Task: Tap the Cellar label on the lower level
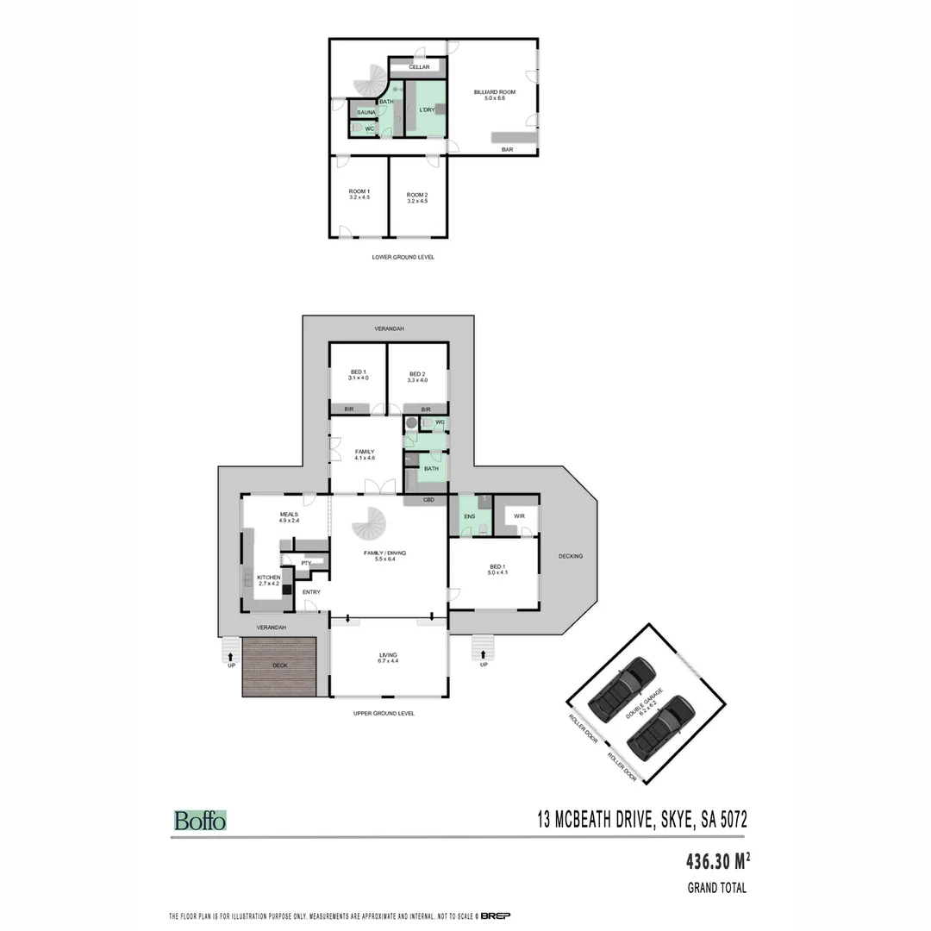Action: click(x=419, y=67)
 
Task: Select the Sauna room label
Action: click(x=366, y=112)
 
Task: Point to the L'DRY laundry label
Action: click(x=426, y=110)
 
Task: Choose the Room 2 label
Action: click(x=417, y=195)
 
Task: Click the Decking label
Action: click(x=571, y=556)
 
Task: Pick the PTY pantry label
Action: click(x=306, y=563)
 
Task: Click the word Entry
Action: click(x=311, y=592)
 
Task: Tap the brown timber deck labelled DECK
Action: click(x=279, y=666)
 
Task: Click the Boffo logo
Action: click(x=200, y=821)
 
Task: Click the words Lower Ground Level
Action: click(x=403, y=257)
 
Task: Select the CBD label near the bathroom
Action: click(x=428, y=500)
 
